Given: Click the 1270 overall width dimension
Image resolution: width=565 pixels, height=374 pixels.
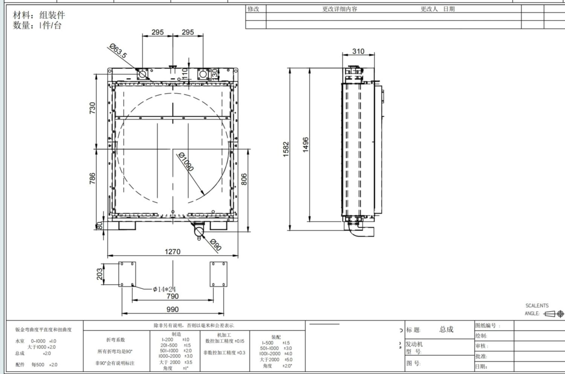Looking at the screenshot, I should pyautogui.click(x=173, y=252).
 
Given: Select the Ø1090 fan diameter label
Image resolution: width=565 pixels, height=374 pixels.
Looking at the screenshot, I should pyautogui.click(x=186, y=162).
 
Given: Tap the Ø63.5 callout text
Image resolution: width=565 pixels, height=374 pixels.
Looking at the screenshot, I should pyautogui.click(x=118, y=51).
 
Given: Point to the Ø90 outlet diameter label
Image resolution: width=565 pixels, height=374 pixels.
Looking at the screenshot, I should pyautogui.click(x=215, y=245).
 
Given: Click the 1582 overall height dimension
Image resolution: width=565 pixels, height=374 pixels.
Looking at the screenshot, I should pyautogui.click(x=286, y=149).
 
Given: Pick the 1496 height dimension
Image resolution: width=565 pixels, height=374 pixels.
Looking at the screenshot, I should pyautogui.click(x=305, y=145).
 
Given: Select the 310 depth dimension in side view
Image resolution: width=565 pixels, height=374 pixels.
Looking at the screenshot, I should pyautogui.click(x=358, y=51).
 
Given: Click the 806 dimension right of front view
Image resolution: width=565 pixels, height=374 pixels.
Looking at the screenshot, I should pyautogui.click(x=244, y=179).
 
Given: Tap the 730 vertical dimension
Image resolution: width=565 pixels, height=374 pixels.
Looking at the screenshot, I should pyautogui.click(x=92, y=108).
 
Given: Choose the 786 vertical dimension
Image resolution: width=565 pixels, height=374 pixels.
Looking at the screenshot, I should pyautogui.click(x=92, y=179).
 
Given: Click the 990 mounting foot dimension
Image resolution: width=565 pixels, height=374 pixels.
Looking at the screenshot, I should pyautogui.click(x=173, y=309).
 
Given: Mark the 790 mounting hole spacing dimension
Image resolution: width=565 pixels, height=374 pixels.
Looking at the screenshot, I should pyautogui.click(x=173, y=296).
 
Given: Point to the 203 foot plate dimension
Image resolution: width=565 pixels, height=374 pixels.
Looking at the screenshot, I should pyautogui.click(x=99, y=274).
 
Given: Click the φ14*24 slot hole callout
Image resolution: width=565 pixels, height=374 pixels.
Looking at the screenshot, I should pyautogui.click(x=164, y=289).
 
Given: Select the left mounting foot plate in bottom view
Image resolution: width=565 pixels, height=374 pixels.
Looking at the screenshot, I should pyautogui.click(x=127, y=274).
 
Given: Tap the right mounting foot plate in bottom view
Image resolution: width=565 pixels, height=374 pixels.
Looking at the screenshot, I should pyautogui.click(x=218, y=274).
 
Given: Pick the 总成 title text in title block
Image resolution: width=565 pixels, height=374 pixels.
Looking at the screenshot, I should pyautogui.click(x=446, y=330).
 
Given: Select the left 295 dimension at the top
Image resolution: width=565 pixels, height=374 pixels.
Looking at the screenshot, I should pyautogui.click(x=157, y=32).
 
